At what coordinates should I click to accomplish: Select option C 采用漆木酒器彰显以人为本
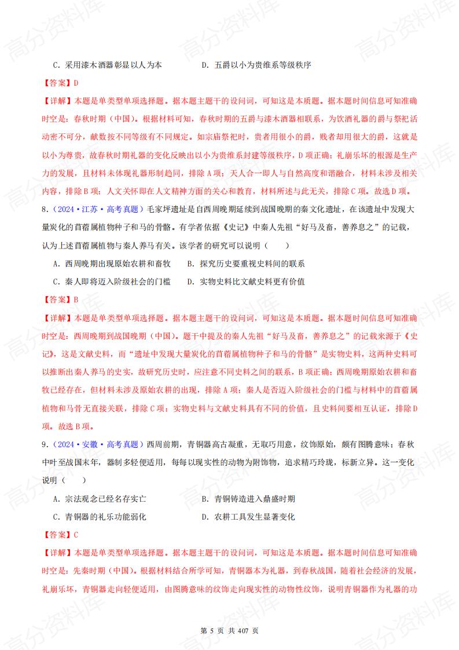(107, 65)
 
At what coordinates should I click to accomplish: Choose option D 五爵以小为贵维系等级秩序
(256, 65)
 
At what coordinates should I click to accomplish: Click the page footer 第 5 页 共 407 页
(229, 630)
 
